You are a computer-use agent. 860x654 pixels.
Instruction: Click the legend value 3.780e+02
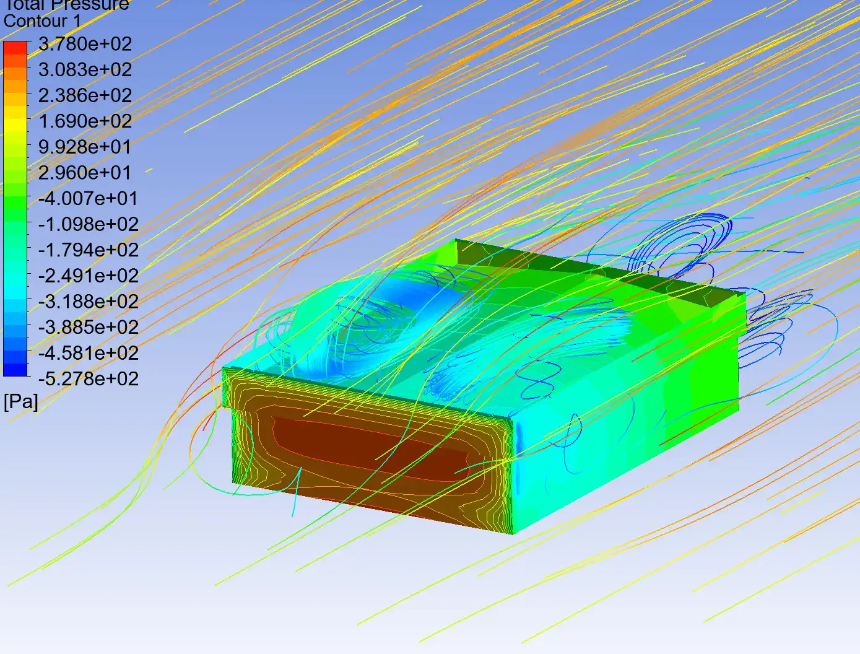click(x=85, y=44)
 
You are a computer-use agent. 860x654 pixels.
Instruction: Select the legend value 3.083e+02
click(x=85, y=70)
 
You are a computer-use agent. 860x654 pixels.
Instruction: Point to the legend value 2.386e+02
click(x=85, y=95)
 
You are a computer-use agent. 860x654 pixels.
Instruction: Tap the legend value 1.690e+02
click(x=85, y=121)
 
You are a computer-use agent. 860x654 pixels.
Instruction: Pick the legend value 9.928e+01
click(x=85, y=147)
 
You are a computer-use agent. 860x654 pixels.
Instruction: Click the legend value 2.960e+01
click(x=85, y=173)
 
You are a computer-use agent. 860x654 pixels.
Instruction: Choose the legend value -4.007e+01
click(x=88, y=199)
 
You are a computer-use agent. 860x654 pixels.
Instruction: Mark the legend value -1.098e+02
click(x=88, y=225)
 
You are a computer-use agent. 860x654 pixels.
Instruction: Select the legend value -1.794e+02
click(x=88, y=250)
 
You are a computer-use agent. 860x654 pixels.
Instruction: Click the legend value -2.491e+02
click(x=88, y=276)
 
